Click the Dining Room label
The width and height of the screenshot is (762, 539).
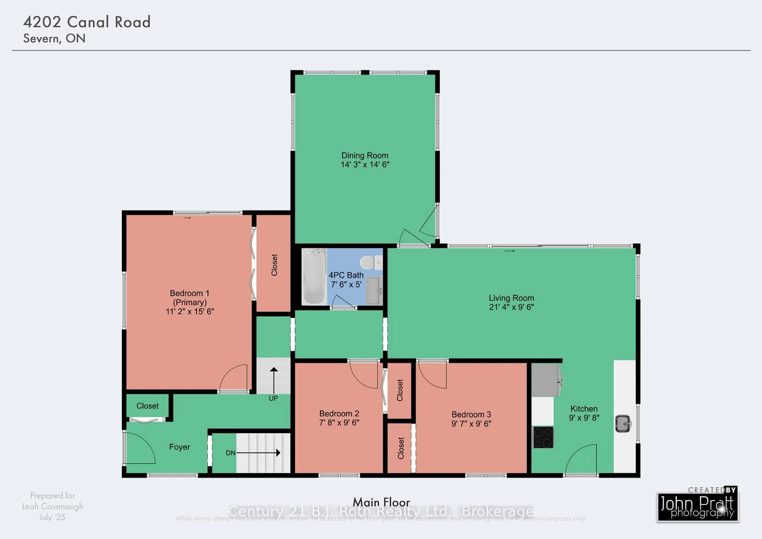point(365,156)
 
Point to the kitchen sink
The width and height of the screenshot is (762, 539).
point(623,424)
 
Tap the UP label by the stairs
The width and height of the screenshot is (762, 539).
point(273,398)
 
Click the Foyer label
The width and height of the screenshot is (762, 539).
point(180,447)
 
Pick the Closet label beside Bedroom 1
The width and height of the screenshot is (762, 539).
point(274,265)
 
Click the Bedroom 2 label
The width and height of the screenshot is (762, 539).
point(339,413)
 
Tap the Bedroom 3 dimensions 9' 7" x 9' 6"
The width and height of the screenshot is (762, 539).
point(471,423)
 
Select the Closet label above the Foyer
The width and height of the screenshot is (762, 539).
point(147,406)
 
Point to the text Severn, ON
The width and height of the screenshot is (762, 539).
point(54,39)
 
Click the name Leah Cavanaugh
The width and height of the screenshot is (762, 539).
point(53,506)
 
